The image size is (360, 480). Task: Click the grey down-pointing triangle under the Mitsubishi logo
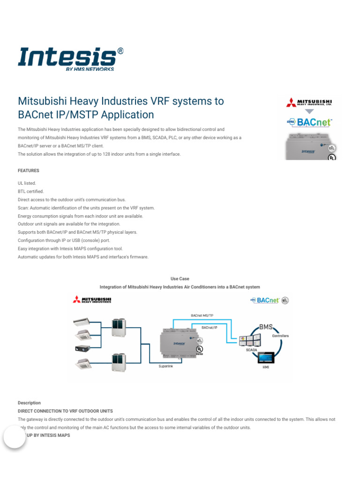[309, 111]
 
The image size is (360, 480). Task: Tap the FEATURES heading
[29, 171]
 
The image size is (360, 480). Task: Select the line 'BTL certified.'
[30, 191]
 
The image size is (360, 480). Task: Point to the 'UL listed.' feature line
[27, 183]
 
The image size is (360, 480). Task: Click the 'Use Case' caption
[180, 279]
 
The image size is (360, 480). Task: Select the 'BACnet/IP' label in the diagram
[210, 327]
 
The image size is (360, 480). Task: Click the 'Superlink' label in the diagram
[165, 366]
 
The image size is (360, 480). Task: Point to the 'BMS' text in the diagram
[266, 326]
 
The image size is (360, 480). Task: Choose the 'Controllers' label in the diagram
[280, 336]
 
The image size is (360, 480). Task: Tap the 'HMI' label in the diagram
[266, 368]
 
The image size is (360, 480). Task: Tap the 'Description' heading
[29, 403]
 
